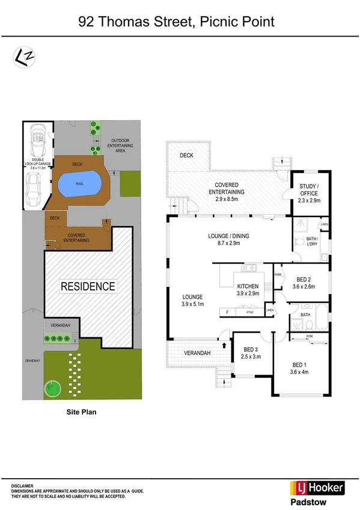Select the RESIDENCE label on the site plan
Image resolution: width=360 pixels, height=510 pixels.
88,286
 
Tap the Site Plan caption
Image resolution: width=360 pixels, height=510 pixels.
81,413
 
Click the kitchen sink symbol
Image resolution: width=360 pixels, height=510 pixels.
251,268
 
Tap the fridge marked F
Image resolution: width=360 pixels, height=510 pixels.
227,312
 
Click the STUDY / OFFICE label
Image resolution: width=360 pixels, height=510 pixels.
310,190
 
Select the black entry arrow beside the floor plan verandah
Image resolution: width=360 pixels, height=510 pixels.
225,345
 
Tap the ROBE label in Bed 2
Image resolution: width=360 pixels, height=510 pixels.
278,274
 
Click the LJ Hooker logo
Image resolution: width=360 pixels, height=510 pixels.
317,487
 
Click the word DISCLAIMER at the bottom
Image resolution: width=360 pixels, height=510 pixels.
22,485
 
